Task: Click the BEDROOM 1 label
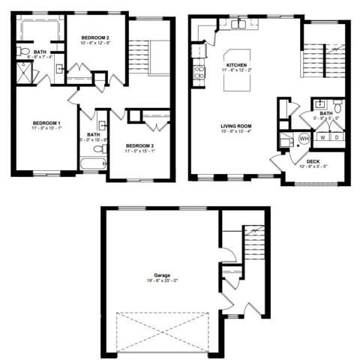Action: pyautogui.click(x=46, y=123)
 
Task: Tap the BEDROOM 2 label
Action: pyautogui.click(x=95, y=37)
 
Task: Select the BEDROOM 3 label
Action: pyautogui.click(x=140, y=145)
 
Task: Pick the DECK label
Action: pyautogui.click(x=313, y=160)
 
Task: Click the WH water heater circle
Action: pyautogui.click(x=304, y=139)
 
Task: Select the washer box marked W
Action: pyautogui.click(x=322, y=137)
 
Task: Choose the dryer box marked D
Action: pyautogui.click(x=337, y=137)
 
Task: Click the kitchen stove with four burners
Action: pyautogui.click(x=199, y=72)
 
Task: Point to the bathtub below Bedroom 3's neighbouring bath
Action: pyautogui.click(x=93, y=163)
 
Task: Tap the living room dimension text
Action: pyautogui.click(x=235, y=132)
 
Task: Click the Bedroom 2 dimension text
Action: pyautogui.click(x=95, y=43)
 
